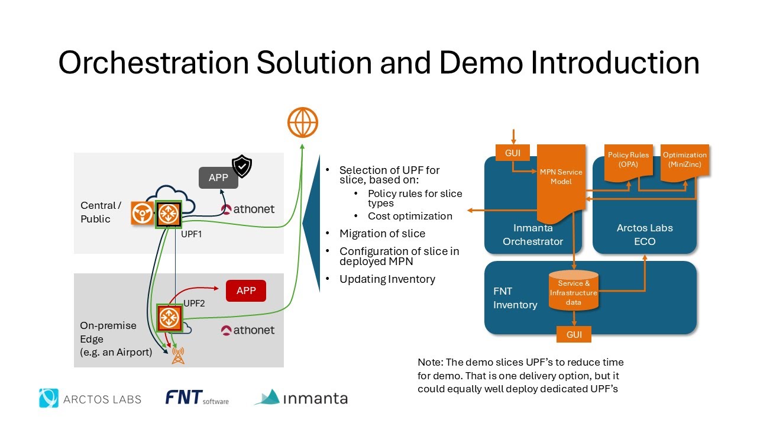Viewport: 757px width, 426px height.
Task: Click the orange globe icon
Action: point(303,122)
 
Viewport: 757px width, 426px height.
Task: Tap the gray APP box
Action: point(218,178)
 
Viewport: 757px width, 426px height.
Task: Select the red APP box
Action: point(246,291)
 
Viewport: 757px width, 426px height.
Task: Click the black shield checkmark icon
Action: point(241,166)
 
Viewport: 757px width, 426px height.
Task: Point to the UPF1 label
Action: point(192,234)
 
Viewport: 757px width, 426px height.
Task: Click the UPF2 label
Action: point(194,304)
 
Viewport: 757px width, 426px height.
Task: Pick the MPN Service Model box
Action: point(561,177)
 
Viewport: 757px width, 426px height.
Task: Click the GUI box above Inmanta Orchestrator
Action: point(513,153)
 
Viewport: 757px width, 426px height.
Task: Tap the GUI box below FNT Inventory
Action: point(574,334)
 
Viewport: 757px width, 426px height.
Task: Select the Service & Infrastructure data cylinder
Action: point(574,291)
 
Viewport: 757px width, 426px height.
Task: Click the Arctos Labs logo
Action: point(90,398)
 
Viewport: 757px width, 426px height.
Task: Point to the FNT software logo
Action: point(197,398)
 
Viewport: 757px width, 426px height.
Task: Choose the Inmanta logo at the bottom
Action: point(301,398)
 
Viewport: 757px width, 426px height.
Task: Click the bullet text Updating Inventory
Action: point(387,279)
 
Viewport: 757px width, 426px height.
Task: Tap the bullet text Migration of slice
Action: point(382,233)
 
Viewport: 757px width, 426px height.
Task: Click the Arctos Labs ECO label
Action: point(645,234)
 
